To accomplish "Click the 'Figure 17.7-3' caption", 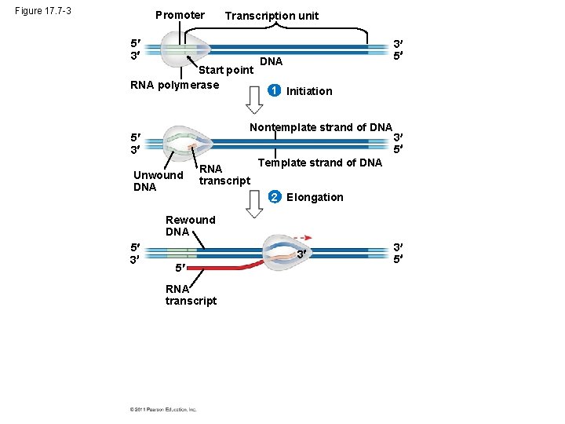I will point(43,11).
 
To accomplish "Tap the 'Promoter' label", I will point(180,15).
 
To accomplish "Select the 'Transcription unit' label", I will point(272,16).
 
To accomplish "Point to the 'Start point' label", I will point(226,70).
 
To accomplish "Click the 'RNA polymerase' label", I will point(174,85).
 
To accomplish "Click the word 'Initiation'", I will point(309,91).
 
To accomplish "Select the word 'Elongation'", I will point(315,197).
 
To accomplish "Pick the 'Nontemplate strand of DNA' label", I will point(320,127).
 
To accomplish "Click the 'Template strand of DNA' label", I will point(319,163).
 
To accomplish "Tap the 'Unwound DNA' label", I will point(158,181).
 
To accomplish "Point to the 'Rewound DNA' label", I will point(189,225).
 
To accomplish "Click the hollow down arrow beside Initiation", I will point(254,99).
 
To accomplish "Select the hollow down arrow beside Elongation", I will point(254,203).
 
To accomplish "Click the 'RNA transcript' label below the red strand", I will point(191,294).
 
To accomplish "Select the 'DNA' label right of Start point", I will point(271,61).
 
